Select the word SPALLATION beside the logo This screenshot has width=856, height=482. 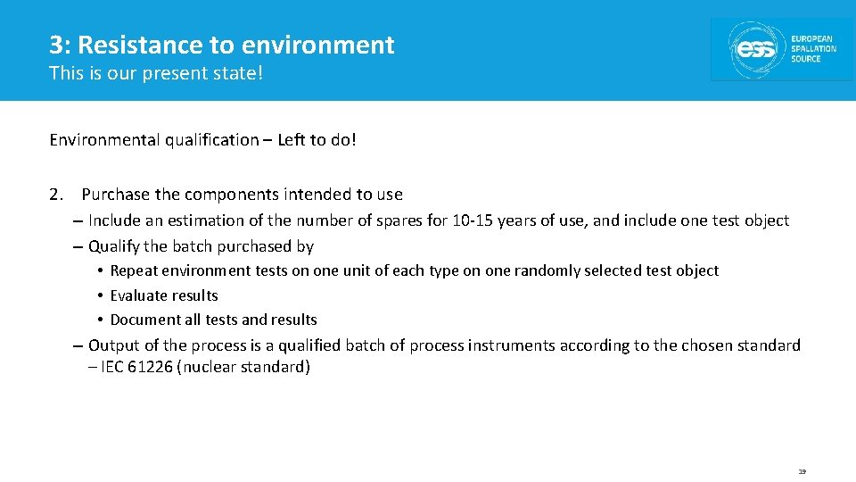point(813,49)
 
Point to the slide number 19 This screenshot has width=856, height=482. point(802,471)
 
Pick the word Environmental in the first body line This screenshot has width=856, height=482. point(104,140)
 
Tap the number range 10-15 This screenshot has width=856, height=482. point(473,220)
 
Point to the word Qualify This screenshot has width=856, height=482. point(114,246)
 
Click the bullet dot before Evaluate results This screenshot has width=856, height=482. point(102,295)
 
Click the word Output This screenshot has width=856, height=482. point(114,345)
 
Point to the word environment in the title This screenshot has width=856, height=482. point(318,45)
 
